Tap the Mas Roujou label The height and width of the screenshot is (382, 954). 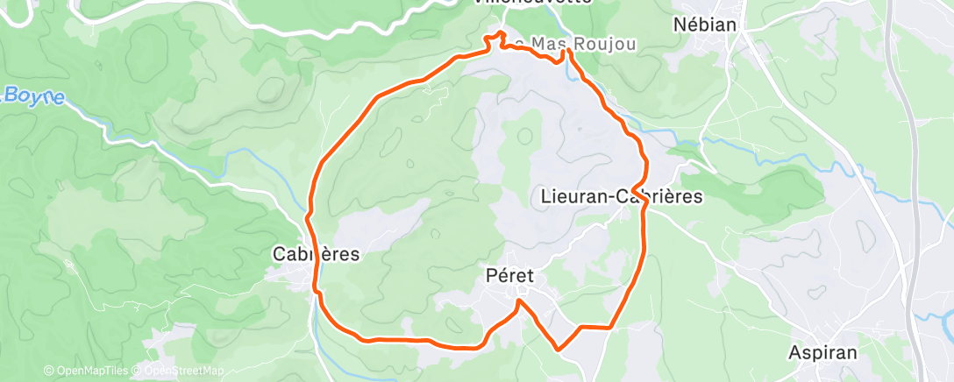(572, 44)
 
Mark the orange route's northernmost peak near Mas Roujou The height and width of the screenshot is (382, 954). (501, 32)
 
